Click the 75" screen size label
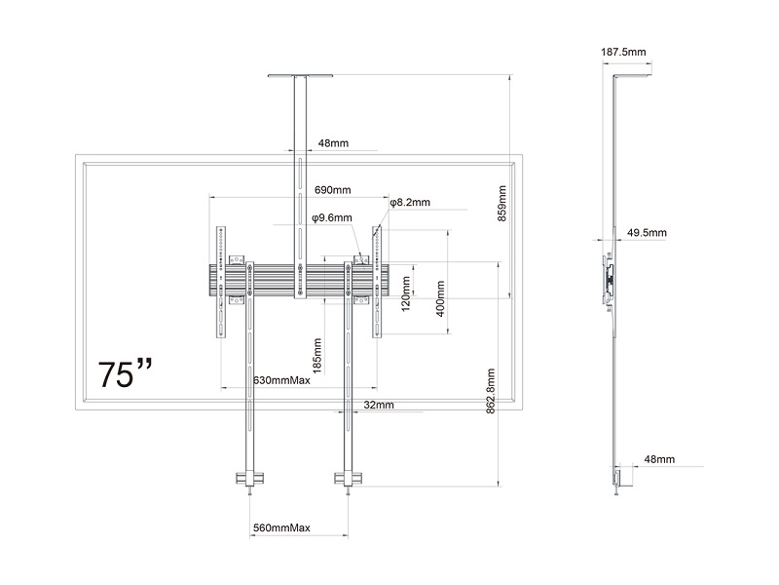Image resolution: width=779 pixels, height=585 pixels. [125, 373]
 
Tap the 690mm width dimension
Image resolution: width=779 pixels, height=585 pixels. [332, 190]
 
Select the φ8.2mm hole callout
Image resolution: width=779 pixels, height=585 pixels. [410, 203]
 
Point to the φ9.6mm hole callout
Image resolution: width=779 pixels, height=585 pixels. [332, 217]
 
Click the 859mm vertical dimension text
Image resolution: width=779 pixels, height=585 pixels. [501, 204]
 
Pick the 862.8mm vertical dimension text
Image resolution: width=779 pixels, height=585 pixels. [491, 391]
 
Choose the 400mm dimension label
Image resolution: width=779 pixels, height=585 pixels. [440, 298]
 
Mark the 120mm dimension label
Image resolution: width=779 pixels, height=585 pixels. [406, 294]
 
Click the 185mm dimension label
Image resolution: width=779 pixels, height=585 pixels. [317, 356]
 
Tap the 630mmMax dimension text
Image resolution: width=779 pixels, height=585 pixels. [281, 380]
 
